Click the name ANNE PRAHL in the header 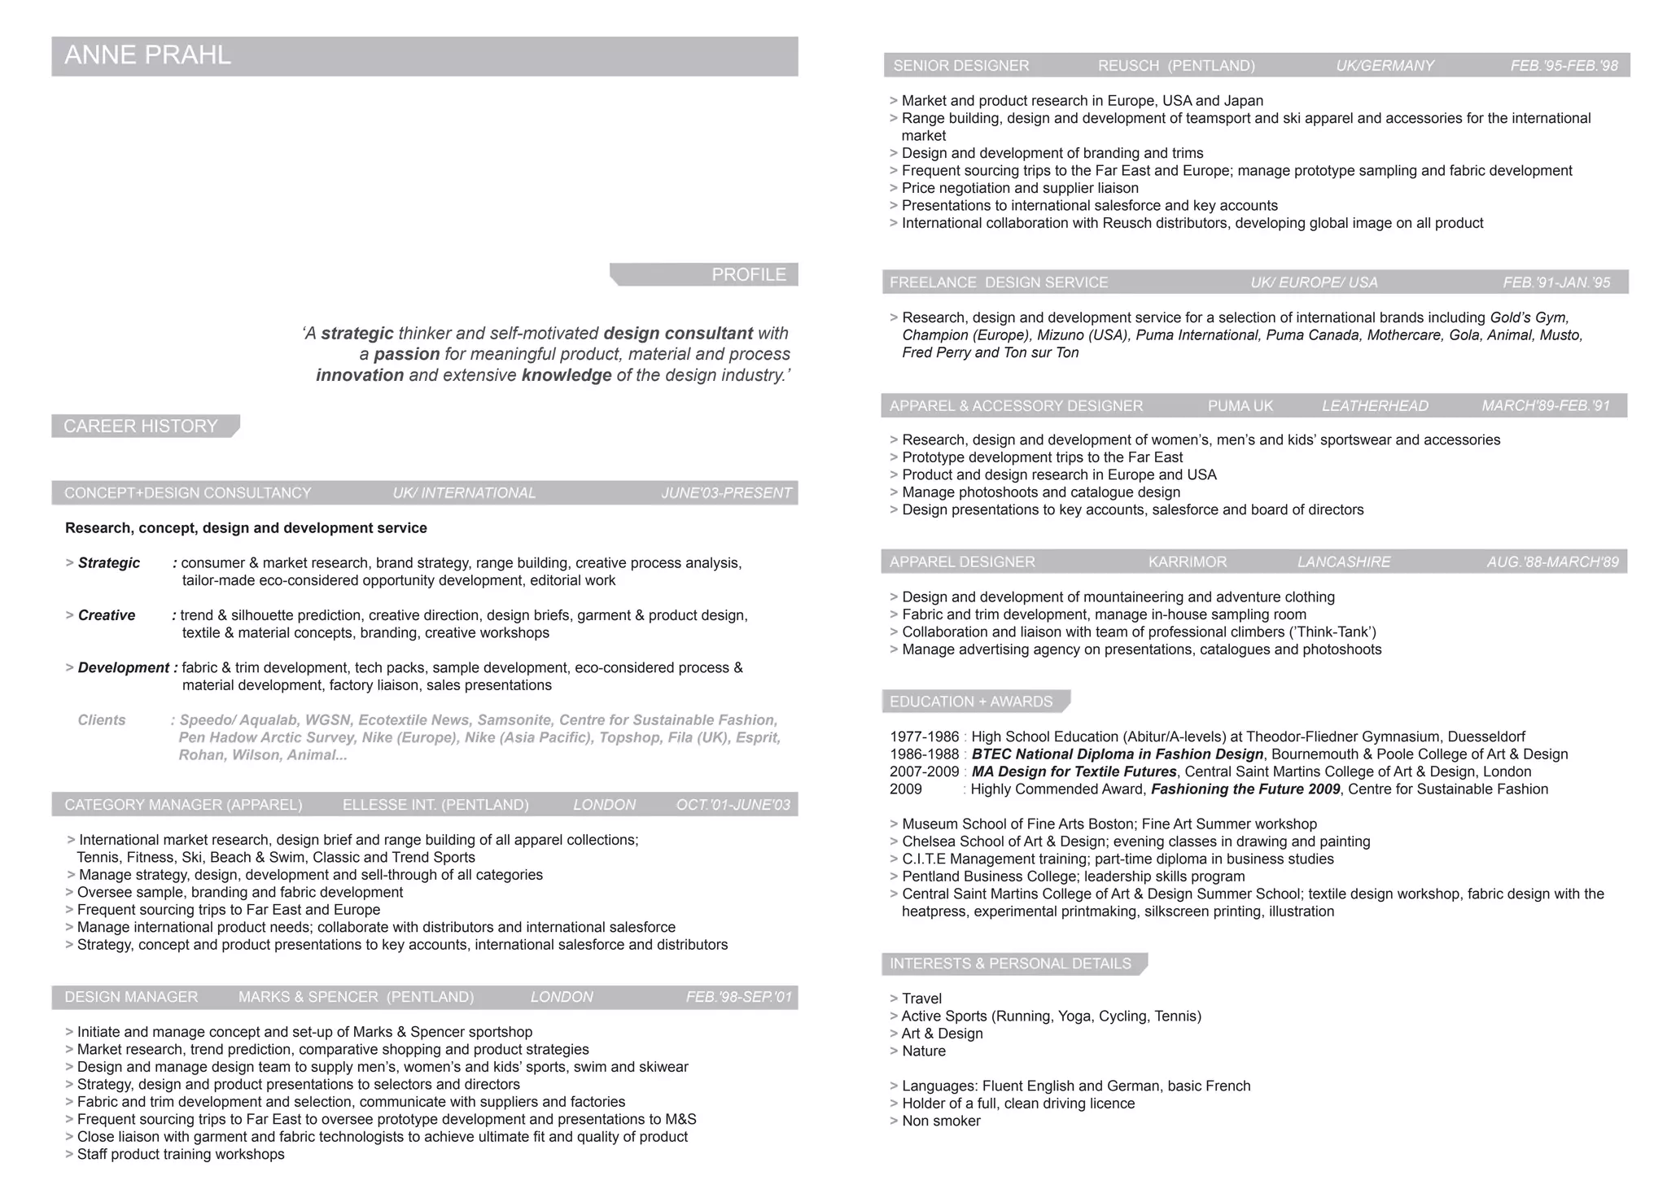pos(147,55)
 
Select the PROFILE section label pos(748,275)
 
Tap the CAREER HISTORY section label pos(141,426)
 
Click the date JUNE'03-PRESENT pos(726,493)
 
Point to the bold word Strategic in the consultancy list pos(109,563)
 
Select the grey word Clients pos(102,720)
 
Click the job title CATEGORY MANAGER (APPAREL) pos(183,805)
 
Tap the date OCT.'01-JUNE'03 pos(733,805)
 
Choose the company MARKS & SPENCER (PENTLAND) pos(356,997)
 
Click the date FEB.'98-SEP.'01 pos(738,997)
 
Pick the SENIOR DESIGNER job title pos(960,66)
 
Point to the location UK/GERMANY pos(1385,66)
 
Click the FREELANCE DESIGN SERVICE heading pos(999,282)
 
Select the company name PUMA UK pos(1240,406)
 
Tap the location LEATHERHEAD pos(1375,406)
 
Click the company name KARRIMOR pos(1187,562)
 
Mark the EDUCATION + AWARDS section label pos(971,702)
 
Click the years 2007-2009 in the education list pos(925,772)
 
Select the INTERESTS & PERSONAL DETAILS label pos(1010,964)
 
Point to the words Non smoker pos(941,1121)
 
